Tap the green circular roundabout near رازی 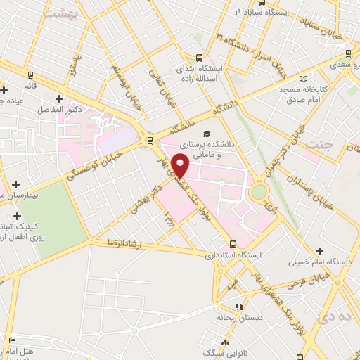click(259, 191)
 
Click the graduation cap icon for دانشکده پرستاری click(206, 134)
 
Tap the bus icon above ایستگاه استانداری click(233, 244)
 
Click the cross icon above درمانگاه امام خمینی click(319, 250)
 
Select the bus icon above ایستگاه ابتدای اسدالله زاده click(200, 58)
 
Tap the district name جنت click(317, 144)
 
